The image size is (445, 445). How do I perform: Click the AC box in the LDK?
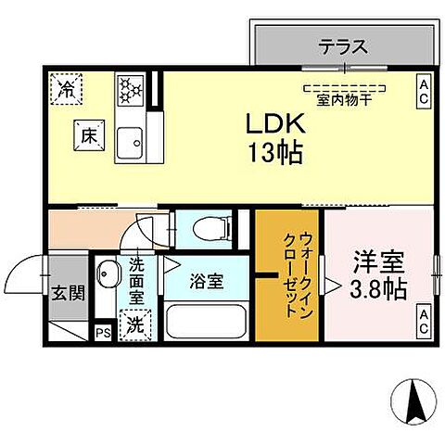click(423, 89)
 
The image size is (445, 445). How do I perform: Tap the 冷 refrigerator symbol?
click(67, 91)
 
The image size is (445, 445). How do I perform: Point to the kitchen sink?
click(131, 140)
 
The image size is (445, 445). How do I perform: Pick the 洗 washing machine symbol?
click(134, 325)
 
